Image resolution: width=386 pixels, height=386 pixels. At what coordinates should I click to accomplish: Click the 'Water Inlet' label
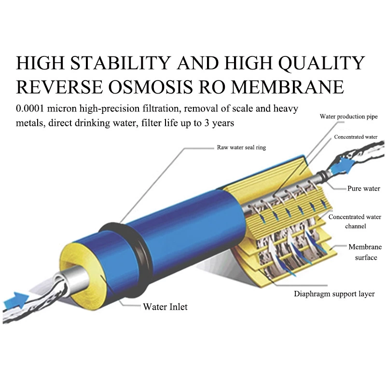coord(165,307)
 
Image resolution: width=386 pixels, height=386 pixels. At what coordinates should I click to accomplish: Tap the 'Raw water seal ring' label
coord(241,147)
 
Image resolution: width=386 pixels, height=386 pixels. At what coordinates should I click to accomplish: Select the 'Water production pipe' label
coord(348,116)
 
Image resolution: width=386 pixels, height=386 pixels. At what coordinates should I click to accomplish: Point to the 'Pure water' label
coord(364,188)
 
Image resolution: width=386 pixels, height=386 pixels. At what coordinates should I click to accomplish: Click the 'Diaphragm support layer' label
coord(334,294)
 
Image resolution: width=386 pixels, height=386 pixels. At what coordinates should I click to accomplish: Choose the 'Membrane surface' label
coord(365,252)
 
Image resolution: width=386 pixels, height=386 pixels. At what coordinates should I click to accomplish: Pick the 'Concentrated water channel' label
coord(355,221)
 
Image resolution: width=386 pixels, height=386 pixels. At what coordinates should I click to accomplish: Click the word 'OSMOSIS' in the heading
coord(151,87)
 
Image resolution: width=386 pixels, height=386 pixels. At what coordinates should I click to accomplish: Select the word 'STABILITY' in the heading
coord(121,63)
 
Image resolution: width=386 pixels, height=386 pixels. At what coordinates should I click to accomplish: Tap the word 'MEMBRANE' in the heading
coord(288,87)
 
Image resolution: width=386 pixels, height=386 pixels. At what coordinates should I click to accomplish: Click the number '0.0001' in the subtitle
coord(30,108)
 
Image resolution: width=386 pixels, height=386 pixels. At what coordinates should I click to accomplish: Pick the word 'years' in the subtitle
coord(223,123)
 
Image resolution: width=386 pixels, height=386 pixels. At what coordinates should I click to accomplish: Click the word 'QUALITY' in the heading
coord(321,63)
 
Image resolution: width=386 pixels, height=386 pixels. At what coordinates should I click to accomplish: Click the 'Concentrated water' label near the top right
coord(356,137)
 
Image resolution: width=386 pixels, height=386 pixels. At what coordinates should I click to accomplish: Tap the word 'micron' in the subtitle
coord(62,108)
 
